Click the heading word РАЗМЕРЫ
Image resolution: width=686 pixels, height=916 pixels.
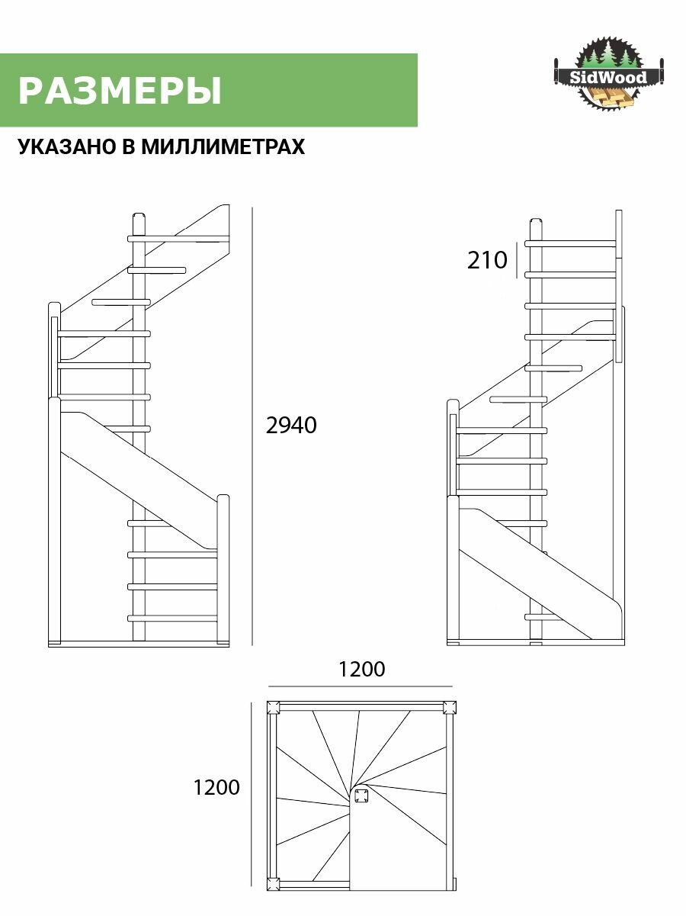click(x=120, y=91)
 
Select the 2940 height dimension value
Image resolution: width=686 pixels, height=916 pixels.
click(x=291, y=426)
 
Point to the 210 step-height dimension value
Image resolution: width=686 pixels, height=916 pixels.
click(x=487, y=261)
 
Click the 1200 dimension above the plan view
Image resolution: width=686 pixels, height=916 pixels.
click(x=362, y=670)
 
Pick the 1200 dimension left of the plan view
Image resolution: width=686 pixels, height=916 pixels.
click(x=217, y=787)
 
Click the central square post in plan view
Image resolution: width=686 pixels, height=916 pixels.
click(x=361, y=798)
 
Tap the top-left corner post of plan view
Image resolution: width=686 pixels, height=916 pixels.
click(x=274, y=707)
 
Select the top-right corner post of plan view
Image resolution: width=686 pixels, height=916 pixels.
click(x=450, y=707)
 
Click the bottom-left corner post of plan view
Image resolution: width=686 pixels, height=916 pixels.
click(x=274, y=884)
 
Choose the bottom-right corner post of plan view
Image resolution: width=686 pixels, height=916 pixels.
click(x=450, y=884)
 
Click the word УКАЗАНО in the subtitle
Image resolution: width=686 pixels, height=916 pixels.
click(x=67, y=146)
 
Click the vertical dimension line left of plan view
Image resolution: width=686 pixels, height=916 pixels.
click(x=252, y=793)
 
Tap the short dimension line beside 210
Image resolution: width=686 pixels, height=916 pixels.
click(x=518, y=259)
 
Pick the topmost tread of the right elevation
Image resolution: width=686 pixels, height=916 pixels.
click(x=570, y=244)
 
